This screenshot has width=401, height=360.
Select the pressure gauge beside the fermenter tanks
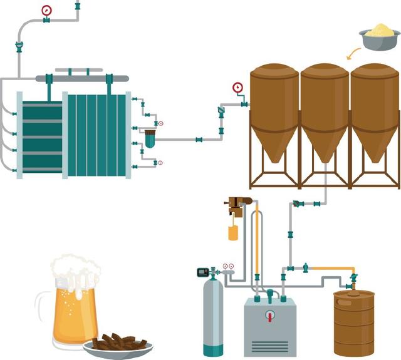[237, 87]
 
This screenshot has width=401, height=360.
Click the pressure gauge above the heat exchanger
[46, 10]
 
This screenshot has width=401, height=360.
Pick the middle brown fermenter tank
[325, 113]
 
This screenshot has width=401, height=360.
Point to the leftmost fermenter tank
[274, 113]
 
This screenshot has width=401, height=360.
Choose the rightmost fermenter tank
[375, 113]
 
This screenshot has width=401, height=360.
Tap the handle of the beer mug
[44, 310]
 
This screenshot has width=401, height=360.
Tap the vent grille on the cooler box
[270, 345]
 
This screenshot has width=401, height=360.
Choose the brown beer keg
[353, 322]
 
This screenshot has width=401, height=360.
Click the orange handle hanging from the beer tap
[233, 233]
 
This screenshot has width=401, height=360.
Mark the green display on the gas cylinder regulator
[202, 272]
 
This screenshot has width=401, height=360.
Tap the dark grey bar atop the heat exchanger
[82, 78]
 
